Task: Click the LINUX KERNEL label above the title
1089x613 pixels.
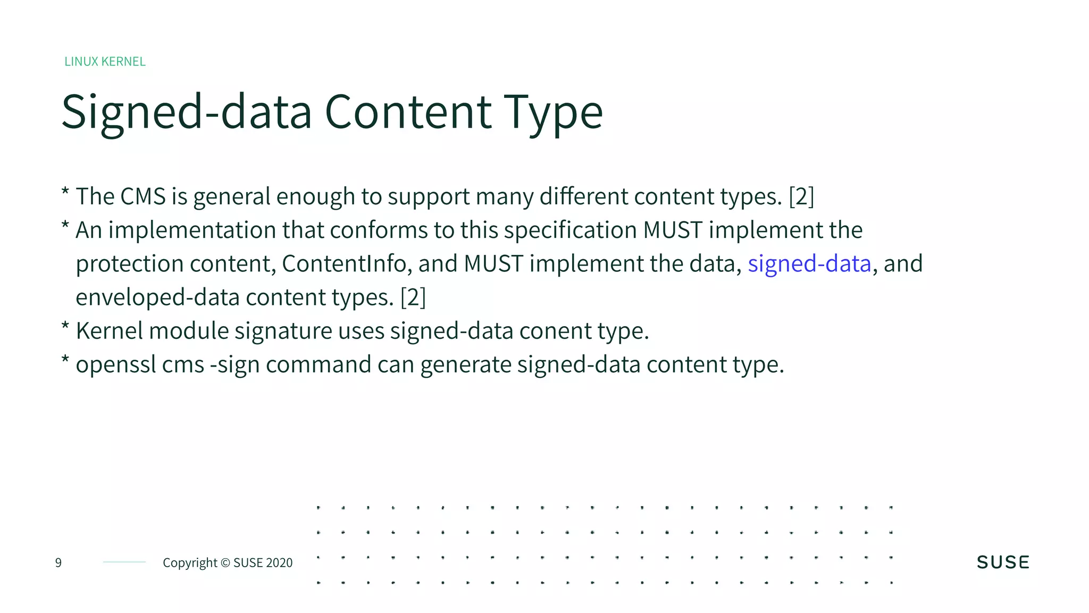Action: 105,62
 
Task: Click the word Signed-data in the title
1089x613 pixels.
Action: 186,112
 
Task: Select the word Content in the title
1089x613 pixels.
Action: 408,112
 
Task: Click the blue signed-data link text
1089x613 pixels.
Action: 809,264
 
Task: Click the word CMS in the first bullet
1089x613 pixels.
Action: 143,197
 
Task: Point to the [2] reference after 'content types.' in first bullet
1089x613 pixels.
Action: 801,197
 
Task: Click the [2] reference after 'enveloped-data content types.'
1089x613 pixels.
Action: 413,297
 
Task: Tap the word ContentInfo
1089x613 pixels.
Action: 344,264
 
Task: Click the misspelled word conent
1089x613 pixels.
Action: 555,332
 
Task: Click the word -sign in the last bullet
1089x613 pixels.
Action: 234,365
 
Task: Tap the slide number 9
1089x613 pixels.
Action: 58,562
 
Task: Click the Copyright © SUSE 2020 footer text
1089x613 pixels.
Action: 228,562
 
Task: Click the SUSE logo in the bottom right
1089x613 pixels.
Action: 1003,562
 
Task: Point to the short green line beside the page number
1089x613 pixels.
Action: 124,562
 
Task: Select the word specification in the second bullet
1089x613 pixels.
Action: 570,230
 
